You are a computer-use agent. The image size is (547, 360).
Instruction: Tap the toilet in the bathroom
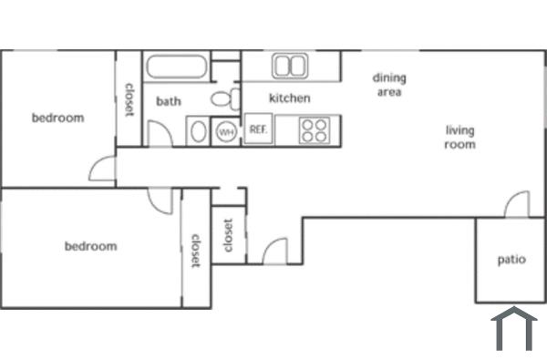click(x=222, y=98)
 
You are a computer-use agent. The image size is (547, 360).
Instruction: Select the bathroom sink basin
click(x=198, y=131)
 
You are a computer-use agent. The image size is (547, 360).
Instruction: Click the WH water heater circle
click(x=225, y=131)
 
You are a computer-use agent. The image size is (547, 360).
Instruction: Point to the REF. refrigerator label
click(x=257, y=130)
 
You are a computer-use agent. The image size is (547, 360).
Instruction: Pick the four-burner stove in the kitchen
click(x=315, y=130)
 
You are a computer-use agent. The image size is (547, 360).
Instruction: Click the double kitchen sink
click(x=290, y=66)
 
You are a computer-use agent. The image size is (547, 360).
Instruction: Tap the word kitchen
click(x=289, y=98)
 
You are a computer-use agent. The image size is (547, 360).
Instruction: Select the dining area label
click(x=388, y=85)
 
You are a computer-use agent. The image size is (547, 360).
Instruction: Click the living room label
click(x=459, y=137)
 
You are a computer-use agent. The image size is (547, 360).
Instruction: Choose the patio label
click(x=511, y=260)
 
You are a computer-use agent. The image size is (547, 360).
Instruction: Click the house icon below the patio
click(x=514, y=331)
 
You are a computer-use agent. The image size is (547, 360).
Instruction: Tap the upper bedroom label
click(x=57, y=118)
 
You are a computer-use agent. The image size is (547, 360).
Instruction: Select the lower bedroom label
click(x=90, y=246)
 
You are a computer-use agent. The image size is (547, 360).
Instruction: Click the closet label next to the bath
click(x=129, y=100)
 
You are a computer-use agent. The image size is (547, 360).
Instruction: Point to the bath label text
click(x=169, y=101)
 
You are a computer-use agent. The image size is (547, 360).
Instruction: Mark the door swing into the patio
click(x=517, y=205)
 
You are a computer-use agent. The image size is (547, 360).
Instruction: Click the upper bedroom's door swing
click(x=103, y=170)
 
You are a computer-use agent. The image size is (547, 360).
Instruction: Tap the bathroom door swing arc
click(x=160, y=133)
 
